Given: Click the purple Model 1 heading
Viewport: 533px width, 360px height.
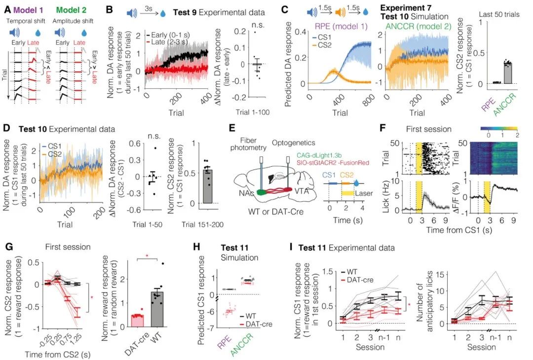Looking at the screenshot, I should pos(29,9).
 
